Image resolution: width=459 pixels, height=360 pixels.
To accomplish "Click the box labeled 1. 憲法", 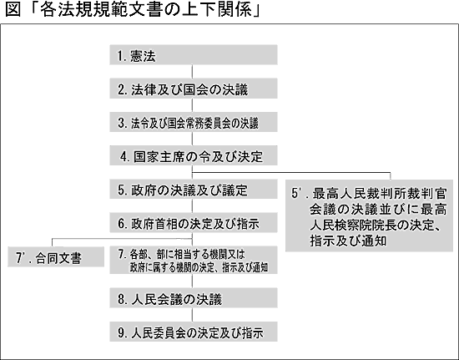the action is pyautogui.click(x=194, y=55).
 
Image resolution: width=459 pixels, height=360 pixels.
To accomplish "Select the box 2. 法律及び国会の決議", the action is pyautogui.click(x=194, y=89).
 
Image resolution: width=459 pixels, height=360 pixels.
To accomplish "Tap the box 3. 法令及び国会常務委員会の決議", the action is pyautogui.click(x=194, y=122).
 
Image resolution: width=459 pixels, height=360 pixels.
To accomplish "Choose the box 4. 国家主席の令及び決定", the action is pyautogui.click(x=194, y=155).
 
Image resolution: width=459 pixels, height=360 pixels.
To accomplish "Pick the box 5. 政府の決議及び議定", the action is pyautogui.click(x=194, y=189).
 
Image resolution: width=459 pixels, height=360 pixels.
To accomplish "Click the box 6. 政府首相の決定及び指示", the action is pyautogui.click(x=194, y=223).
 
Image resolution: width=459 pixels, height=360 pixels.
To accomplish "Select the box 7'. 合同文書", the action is pyautogui.click(x=56, y=256).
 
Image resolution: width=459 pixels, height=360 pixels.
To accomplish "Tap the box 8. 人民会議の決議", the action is pyautogui.click(x=194, y=298).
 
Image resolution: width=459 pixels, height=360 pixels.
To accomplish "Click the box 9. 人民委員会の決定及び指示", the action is pyautogui.click(x=194, y=332).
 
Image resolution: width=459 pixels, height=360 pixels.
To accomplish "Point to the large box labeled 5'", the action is pyautogui.click(x=369, y=215).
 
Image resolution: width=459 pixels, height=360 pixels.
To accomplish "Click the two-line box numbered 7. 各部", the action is pyautogui.click(x=194, y=260).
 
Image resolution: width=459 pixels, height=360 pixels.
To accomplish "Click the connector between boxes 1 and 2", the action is pyautogui.click(x=192, y=72).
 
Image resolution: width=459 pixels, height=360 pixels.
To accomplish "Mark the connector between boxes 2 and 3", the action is pyautogui.click(x=192, y=105).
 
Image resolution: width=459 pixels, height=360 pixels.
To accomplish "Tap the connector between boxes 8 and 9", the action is pyautogui.click(x=192, y=315).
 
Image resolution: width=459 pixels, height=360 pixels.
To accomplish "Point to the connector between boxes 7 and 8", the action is pyautogui.click(x=192, y=281).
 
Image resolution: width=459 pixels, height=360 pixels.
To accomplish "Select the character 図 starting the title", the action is pyautogui.click(x=13, y=9).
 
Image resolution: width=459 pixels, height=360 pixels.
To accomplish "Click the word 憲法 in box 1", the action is pyautogui.click(x=144, y=56).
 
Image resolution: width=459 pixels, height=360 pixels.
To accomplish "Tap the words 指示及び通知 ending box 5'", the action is pyautogui.click(x=348, y=241).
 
